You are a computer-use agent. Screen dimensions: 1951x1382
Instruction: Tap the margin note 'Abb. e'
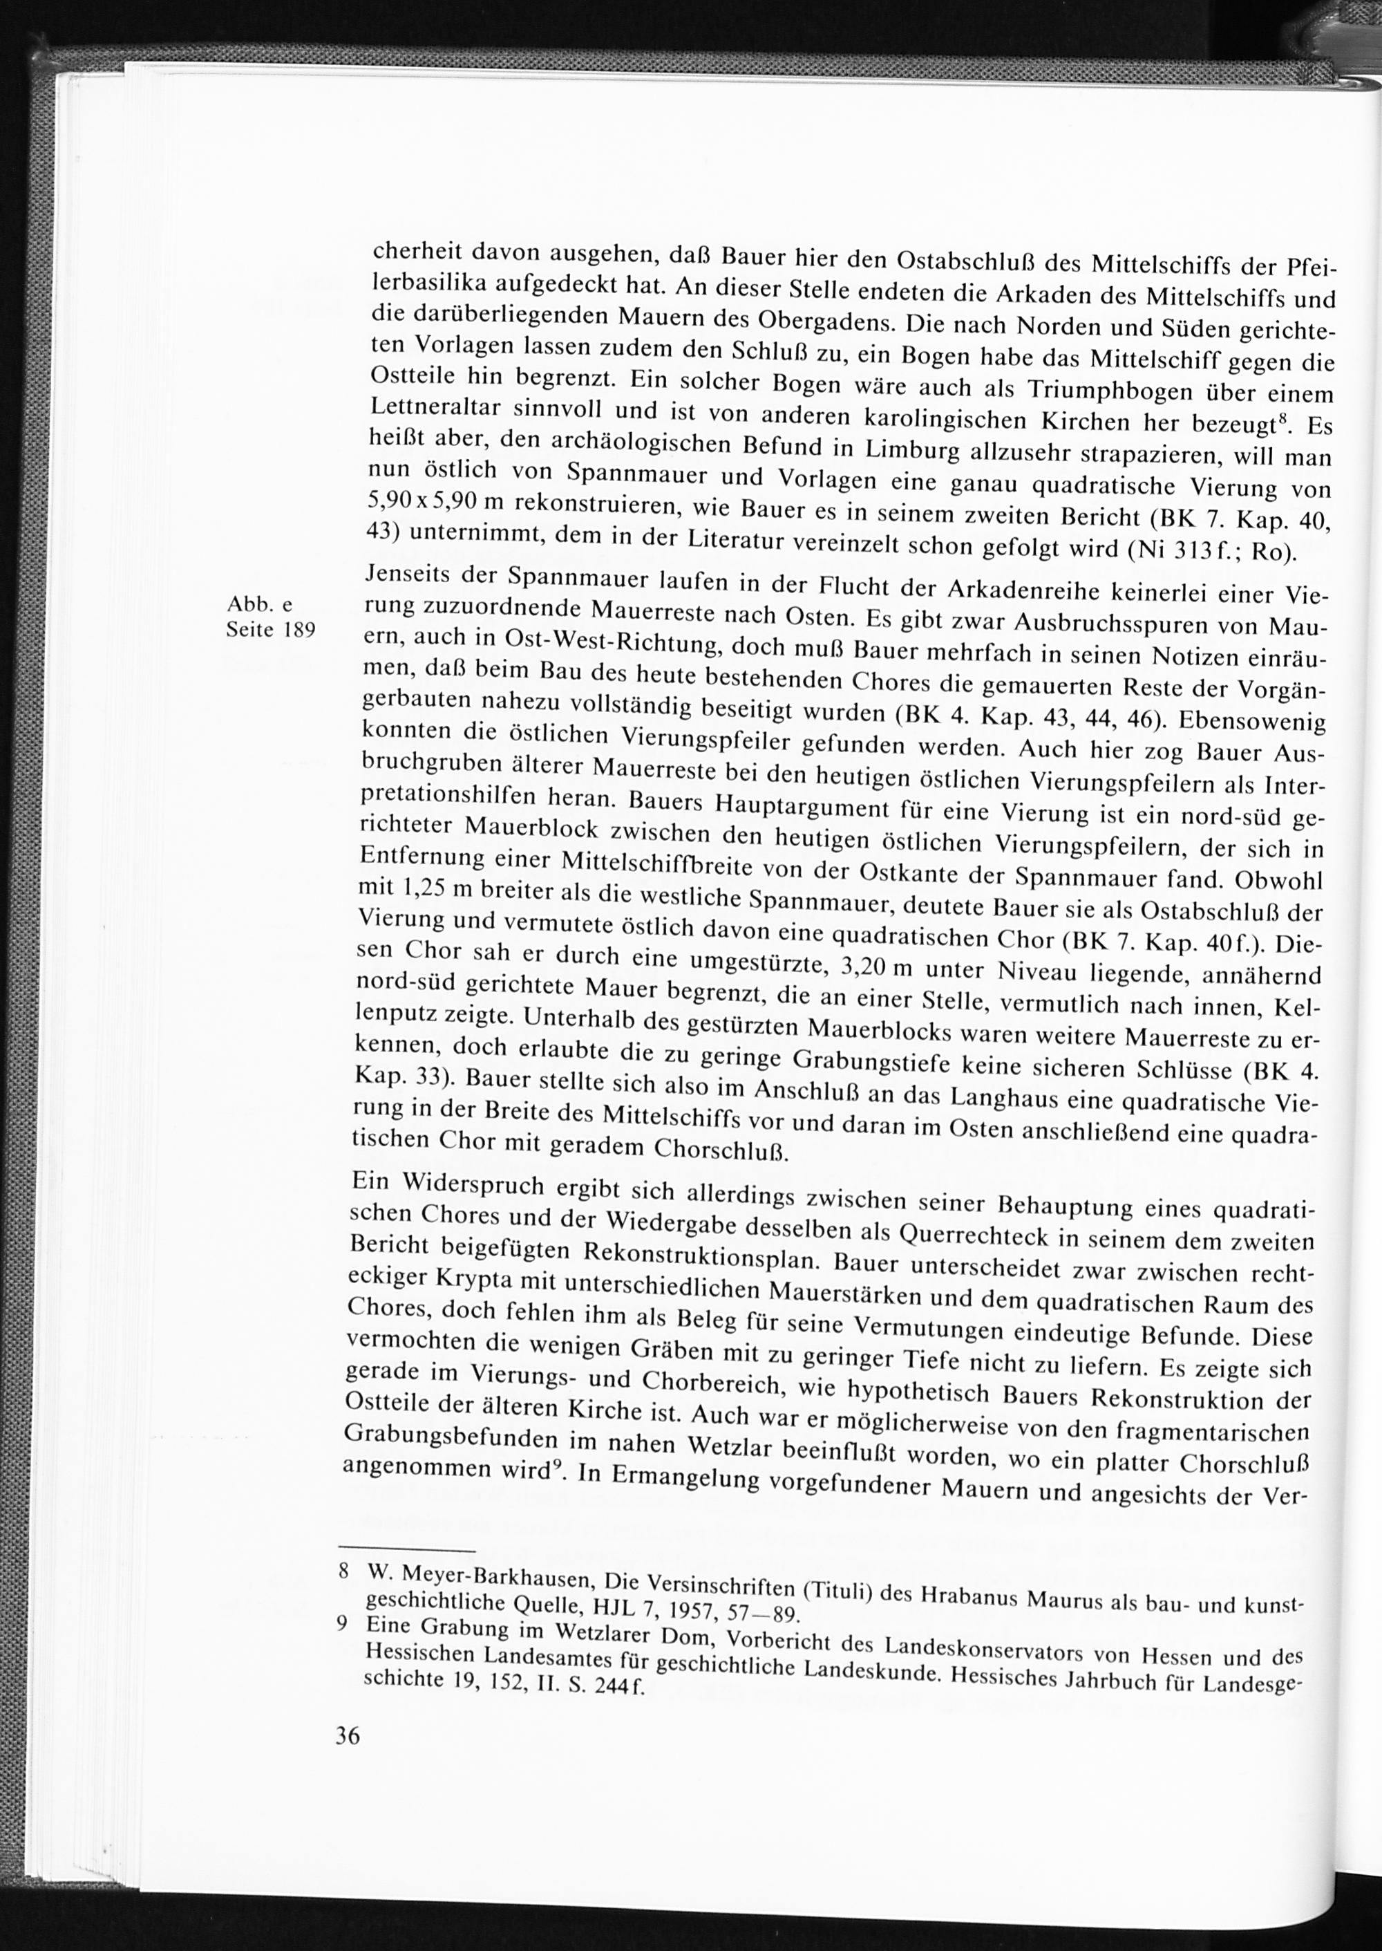[x=261, y=604]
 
